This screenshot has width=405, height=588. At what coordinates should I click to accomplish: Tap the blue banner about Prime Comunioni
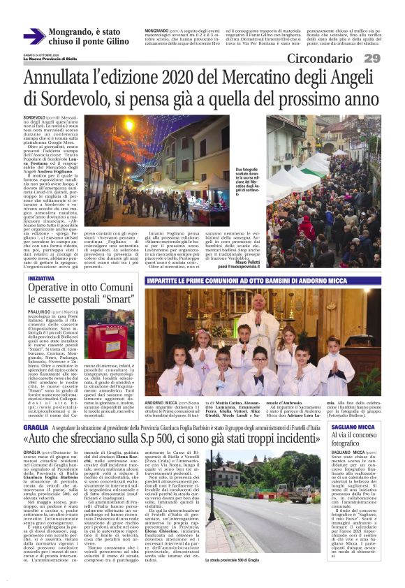273,279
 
